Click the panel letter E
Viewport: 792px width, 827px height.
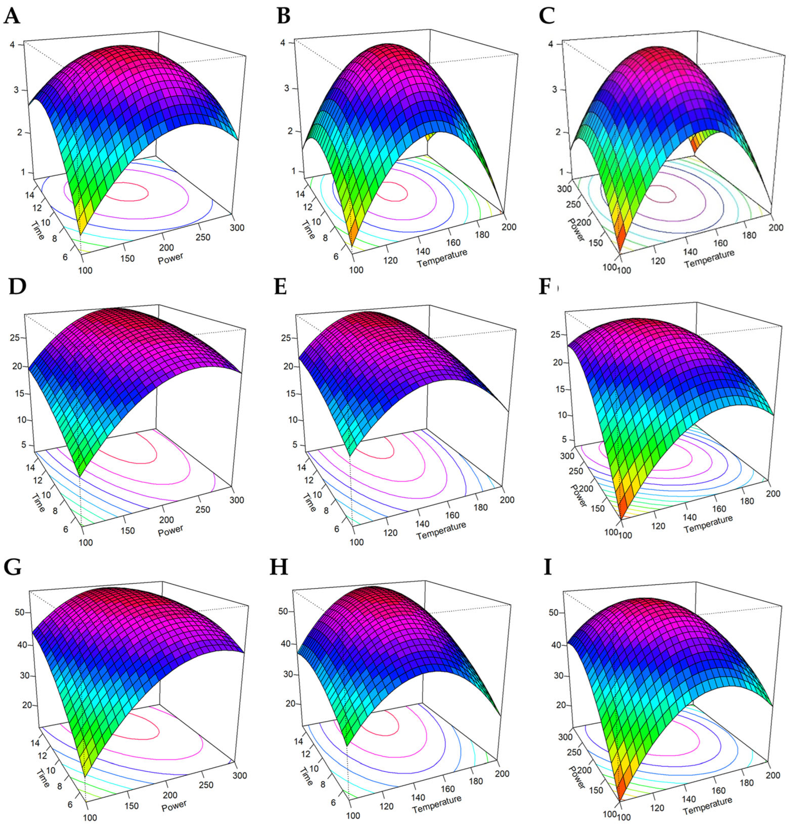coord(280,287)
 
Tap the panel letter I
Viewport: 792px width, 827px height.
coord(548,568)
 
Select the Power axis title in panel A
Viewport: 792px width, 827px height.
coord(170,258)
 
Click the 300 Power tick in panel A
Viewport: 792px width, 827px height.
coord(238,228)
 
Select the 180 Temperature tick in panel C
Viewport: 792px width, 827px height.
coord(749,235)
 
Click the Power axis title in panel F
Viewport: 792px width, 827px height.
coord(578,495)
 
